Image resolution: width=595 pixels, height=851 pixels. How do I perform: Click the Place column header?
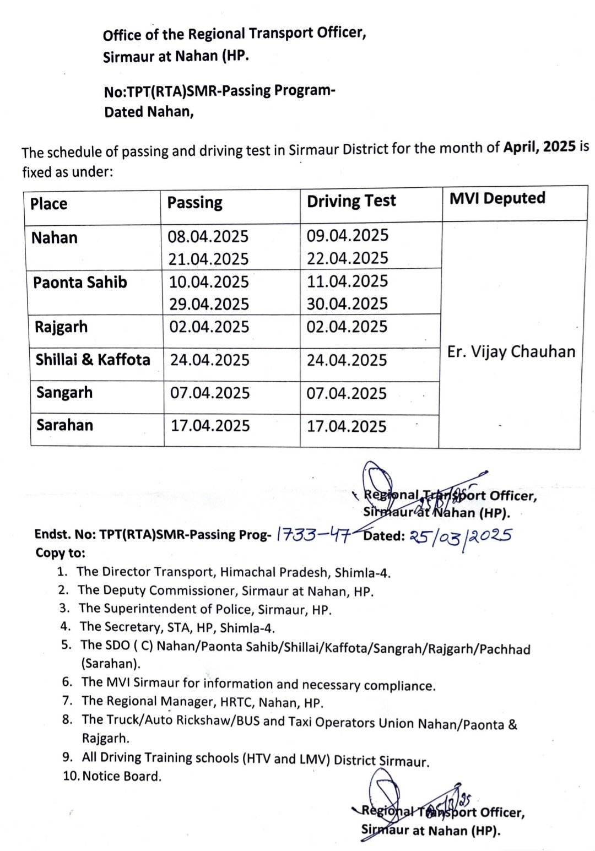[x=48, y=204]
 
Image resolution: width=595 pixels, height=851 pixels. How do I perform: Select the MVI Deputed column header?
[x=497, y=198]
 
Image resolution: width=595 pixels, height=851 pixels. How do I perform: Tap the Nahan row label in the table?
[x=54, y=238]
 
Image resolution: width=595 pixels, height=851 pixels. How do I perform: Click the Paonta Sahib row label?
[x=80, y=283]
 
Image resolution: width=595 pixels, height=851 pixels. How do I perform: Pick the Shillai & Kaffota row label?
[x=93, y=360]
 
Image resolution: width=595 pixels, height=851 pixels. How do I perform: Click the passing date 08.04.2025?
[x=208, y=236]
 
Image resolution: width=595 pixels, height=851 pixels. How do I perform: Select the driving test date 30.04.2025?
[x=347, y=303]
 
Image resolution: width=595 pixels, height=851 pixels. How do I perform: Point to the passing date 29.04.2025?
[x=209, y=304]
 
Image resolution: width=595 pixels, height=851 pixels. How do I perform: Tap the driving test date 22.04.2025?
[x=347, y=258]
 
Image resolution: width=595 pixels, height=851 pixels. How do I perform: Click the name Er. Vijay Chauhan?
[x=511, y=351]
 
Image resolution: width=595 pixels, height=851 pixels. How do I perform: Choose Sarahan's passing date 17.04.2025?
[x=210, y=425]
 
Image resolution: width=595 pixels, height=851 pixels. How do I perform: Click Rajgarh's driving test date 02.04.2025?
[x=347, y=327]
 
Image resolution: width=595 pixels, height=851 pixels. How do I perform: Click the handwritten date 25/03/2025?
[x=461, y=535]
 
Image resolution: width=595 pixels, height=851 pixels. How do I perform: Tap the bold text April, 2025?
[x=539, y=147]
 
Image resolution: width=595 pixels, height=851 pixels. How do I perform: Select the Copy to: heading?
[x=61, y=552]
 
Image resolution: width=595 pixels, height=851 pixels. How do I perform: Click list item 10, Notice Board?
[x=121, y=776]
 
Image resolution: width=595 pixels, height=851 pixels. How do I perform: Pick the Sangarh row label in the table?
[x=64, y=393]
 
